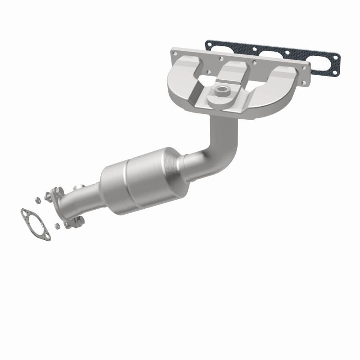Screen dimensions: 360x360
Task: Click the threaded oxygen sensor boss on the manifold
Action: pyautogui.click(x=222, y=90)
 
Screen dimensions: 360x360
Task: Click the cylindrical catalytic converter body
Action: pyautogui.click(x=135, y=178)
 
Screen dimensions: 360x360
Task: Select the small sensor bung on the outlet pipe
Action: pyautogui.click(x=79, y=186)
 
